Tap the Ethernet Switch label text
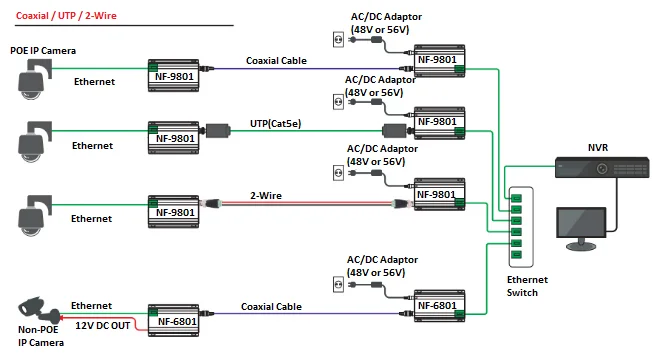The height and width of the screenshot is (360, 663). [517, 286]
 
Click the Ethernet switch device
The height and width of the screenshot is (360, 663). [516, 225]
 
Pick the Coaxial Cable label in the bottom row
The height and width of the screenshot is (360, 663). [272, 307]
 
